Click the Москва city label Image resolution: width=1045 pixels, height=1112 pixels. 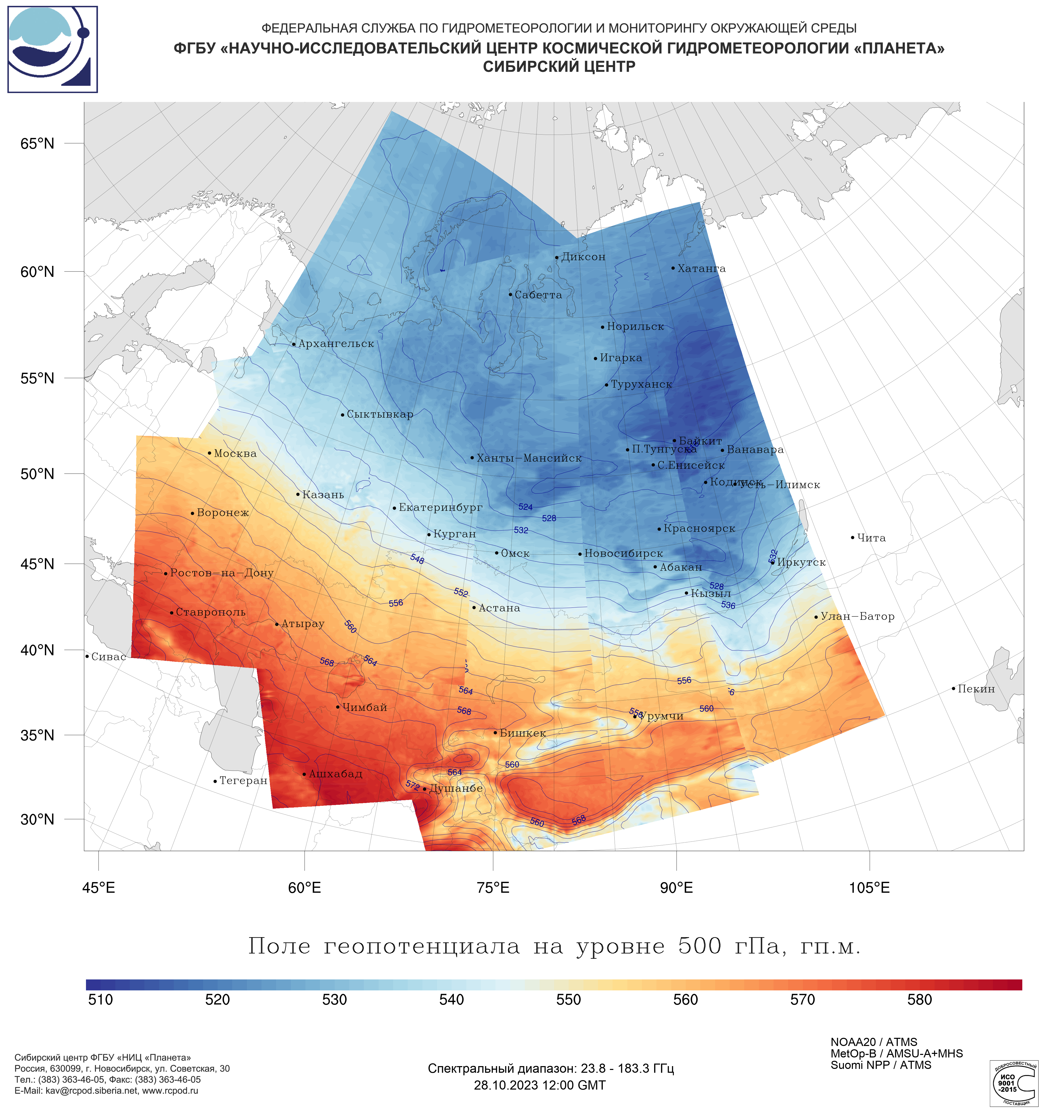pyautogui.click(x=235, y=454)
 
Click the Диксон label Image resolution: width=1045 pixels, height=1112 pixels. pyautogui.click(x=583, y=257)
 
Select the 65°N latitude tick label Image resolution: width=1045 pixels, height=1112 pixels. pyautogui.click(x=38, y=144)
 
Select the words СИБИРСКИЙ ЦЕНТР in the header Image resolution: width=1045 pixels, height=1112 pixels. pyautogui.click(x=559, y=67)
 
